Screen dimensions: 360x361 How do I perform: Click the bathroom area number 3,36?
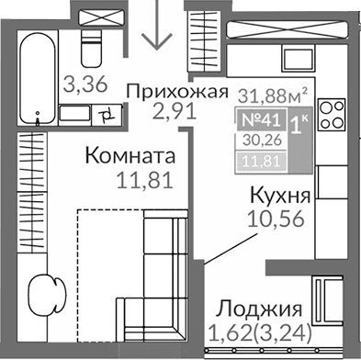click(82, 86)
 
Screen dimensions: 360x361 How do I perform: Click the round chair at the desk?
click(43, 297)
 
